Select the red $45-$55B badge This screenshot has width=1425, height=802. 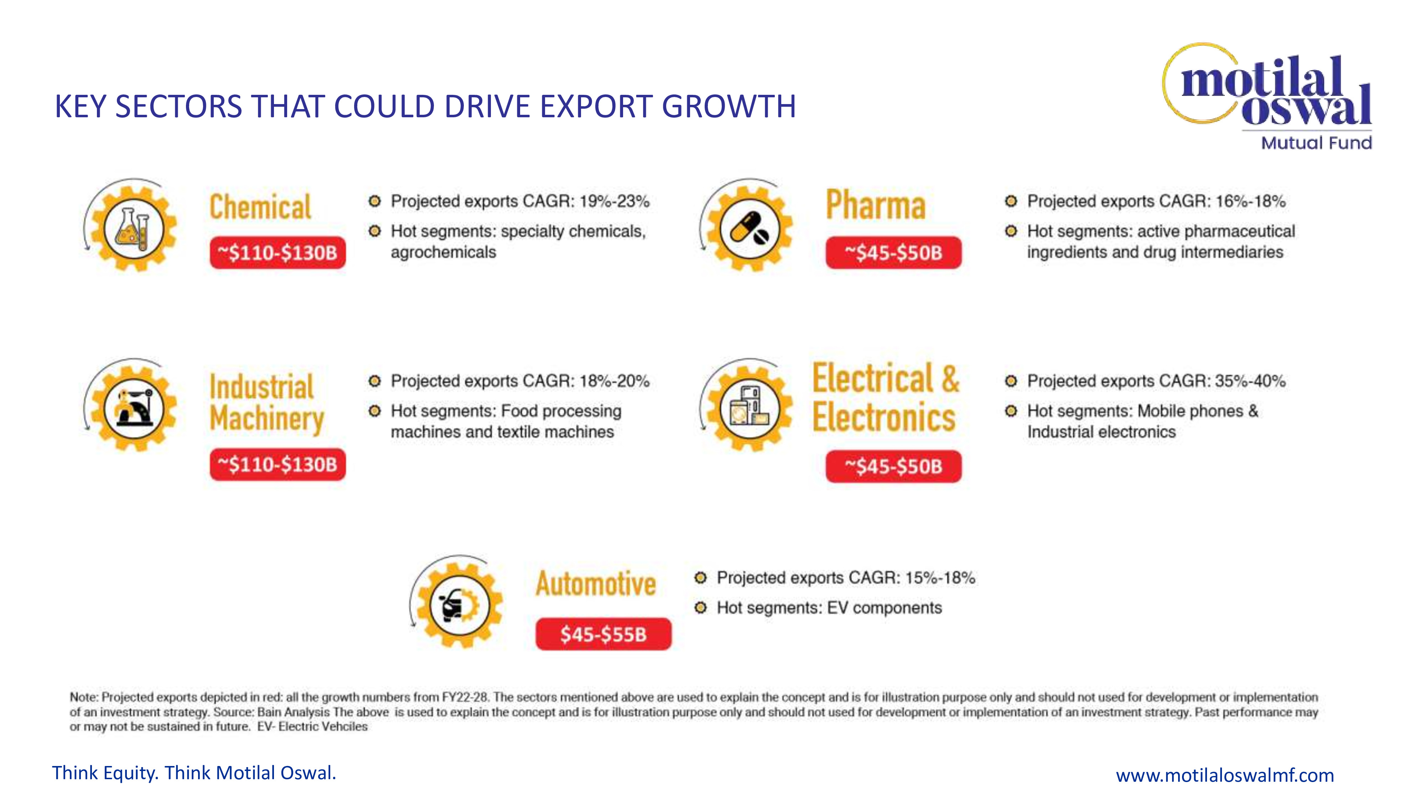(603, 634)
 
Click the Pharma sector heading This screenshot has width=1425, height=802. (876, 205)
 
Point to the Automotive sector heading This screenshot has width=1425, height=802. (596, 584)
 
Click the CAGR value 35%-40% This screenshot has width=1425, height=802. (1250, 381)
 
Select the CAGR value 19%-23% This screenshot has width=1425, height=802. (614, 201)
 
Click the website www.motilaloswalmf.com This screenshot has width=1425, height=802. (1225, 775)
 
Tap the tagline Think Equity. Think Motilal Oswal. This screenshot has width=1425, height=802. (194, 773)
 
